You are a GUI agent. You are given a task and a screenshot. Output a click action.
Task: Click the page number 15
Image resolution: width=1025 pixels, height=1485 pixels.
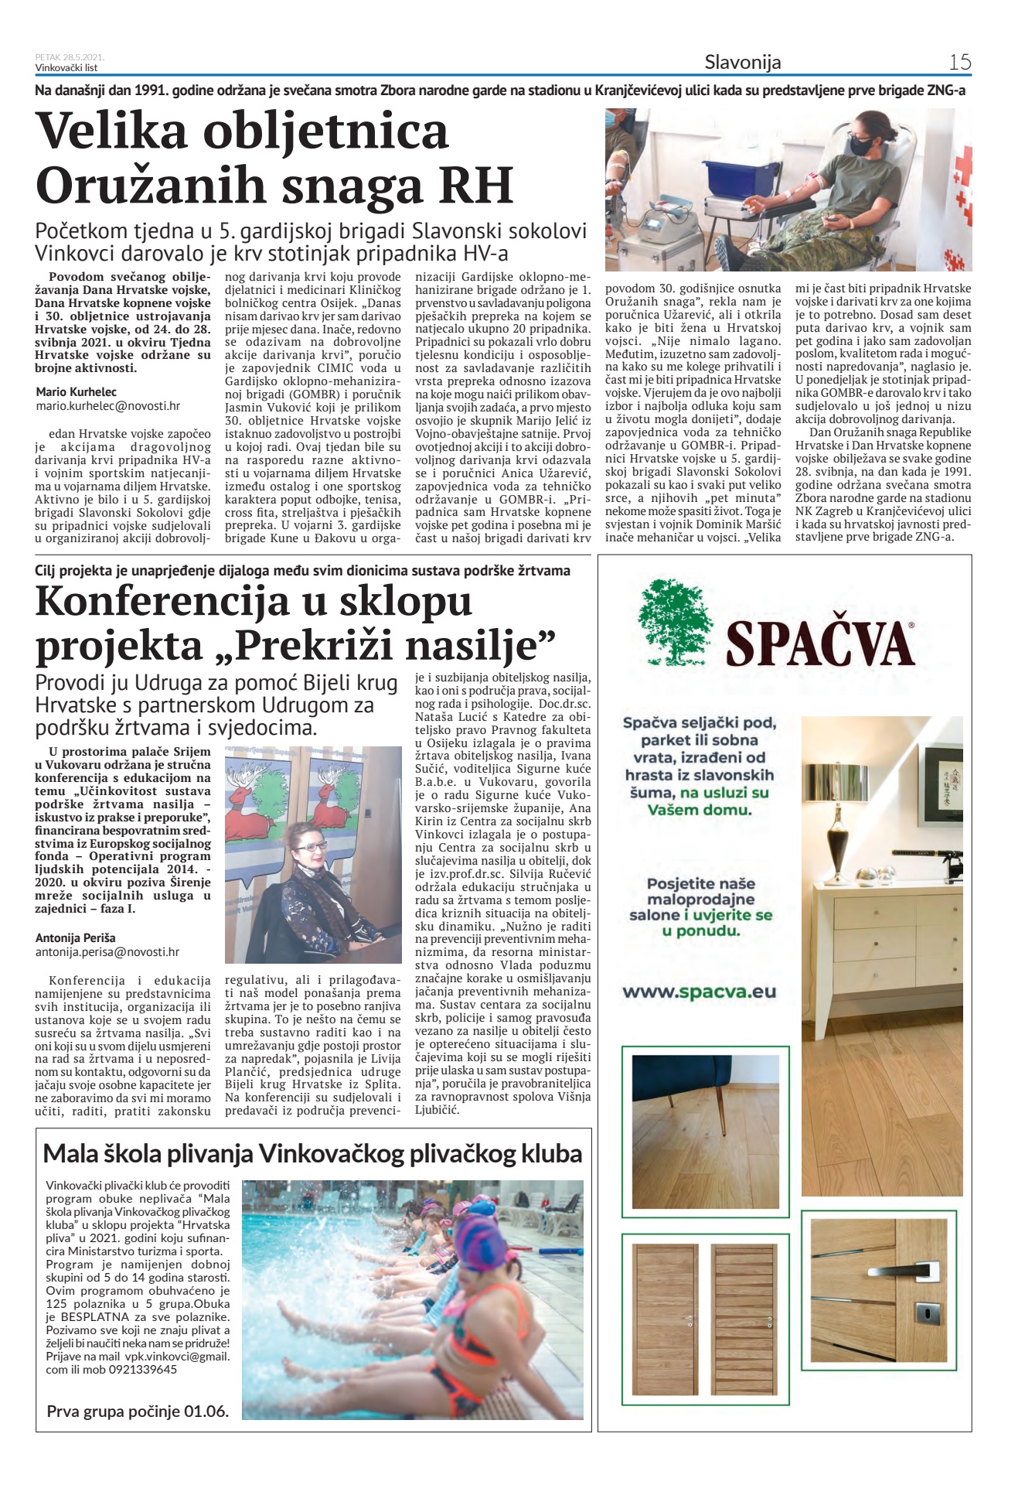coord(959,62)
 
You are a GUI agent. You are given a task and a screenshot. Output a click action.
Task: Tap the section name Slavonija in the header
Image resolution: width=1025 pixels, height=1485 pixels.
coord(743,63)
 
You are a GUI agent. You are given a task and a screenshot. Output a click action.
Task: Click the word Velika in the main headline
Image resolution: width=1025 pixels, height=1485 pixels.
coord(112,131)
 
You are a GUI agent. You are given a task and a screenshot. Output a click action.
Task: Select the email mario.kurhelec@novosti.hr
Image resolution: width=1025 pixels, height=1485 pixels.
coord(107,405)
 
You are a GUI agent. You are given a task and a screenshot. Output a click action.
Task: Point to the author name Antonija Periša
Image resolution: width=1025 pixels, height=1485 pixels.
coord(76,938)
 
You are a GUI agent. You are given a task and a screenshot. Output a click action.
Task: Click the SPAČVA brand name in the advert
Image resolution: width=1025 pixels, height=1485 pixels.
coord(819,643)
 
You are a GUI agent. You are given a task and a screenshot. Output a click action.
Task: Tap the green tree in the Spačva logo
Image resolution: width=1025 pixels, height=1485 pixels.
coord(675,623)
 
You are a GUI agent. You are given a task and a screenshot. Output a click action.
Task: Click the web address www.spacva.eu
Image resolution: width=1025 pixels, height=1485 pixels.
coord(699,992)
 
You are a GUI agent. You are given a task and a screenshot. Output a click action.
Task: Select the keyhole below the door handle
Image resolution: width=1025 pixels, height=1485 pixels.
coord(927,1312)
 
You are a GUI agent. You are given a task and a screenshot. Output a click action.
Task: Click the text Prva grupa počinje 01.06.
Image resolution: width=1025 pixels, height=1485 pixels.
coord(138,1412)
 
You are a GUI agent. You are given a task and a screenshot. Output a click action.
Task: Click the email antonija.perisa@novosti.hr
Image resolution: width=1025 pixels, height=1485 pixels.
coord(107,952)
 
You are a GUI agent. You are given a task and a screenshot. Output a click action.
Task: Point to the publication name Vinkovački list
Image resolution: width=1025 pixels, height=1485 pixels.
coord(66,68)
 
